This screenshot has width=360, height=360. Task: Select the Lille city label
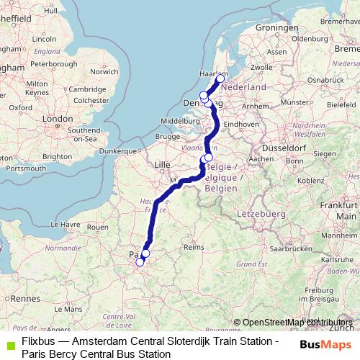click(162, 165)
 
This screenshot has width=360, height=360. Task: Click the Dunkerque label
click(118, 151)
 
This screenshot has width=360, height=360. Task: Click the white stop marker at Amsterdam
click(220, 78)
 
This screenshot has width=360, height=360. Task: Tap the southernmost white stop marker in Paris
click(140, 262)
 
